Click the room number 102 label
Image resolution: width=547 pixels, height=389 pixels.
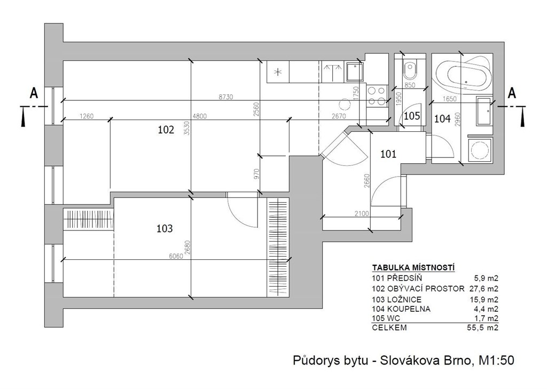[x=166, y=130]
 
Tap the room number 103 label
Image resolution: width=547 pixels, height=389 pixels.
[x=165, y=229]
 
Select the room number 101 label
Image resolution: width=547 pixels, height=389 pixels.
[x=388, y=154]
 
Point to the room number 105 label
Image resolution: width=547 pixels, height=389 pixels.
[x=412, y=116]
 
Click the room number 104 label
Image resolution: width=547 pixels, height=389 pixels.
[x=442, y=119]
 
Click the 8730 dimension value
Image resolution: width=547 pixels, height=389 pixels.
[x=226, y=97]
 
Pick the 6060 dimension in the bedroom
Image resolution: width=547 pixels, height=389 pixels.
[x=176, y=256]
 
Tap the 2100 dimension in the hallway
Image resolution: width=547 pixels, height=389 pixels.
[x=362, y=213]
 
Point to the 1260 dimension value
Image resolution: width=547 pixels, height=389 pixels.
[x=87, y=116]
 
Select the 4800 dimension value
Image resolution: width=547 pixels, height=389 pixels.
[x=200, y=116]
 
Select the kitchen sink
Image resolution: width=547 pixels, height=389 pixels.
[x=355, y=72]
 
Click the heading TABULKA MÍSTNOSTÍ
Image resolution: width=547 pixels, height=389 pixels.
[x=413, y=268]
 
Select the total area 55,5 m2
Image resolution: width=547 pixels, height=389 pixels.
[x=483, y=328]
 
